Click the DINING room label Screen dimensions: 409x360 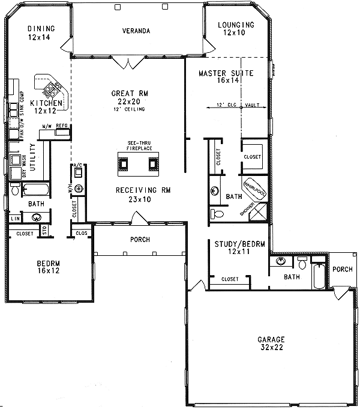[x=41, y=28]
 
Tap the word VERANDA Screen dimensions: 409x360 [x=136, y=31]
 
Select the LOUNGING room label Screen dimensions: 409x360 [x=236, y=25]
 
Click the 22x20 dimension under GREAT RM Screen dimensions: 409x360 [x=130, y=101]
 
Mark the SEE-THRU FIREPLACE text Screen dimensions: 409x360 [x=139, y=145]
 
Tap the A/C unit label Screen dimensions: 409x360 [x=77, y=165]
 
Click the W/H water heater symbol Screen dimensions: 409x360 [x=78, y=189]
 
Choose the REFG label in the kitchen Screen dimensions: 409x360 [x=62, y=126]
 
